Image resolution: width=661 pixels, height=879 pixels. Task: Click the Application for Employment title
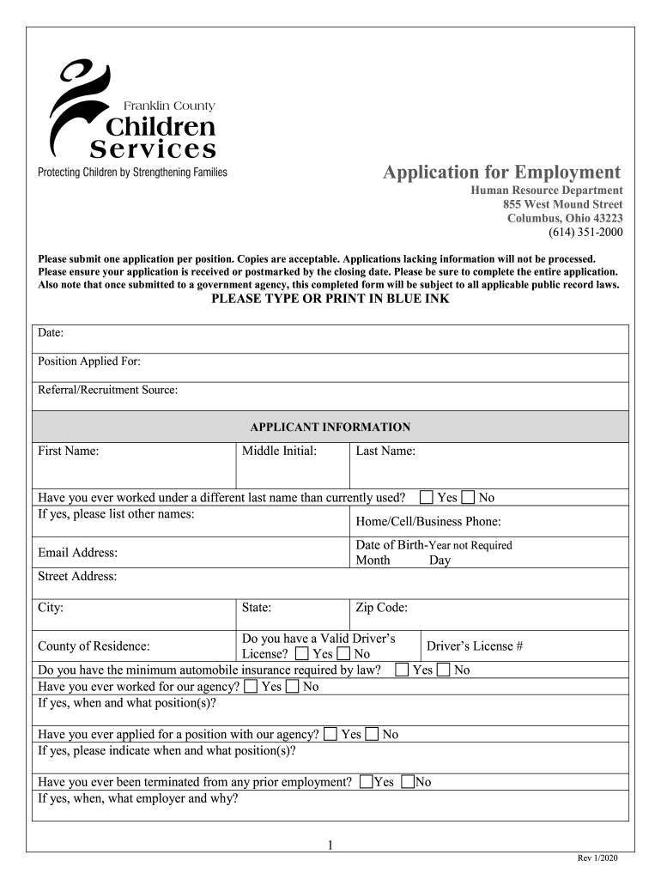pos(501,172)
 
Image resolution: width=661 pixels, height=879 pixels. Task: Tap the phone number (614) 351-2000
pos(585,233)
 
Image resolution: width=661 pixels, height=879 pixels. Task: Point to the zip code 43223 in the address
pos(607,218)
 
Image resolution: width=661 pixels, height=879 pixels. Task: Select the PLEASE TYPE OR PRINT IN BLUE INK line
pos(330,300)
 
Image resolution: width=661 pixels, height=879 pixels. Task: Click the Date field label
pos(51,333)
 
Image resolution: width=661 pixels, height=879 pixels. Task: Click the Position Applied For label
pos(89,361)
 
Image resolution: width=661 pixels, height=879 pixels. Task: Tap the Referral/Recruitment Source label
pos(108,390)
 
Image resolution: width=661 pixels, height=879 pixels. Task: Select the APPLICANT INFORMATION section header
pos(330,427)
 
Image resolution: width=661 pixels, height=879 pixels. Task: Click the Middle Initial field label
pos(280,451)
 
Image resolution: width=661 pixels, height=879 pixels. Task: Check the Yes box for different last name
pos(427,497)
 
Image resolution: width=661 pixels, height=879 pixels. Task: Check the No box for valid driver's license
pos(344,654)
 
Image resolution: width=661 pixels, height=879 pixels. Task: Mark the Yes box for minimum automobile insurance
pos(402,670)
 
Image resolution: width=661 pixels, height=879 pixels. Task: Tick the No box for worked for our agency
pos(292,686)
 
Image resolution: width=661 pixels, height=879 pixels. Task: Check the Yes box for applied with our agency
pos(330,734)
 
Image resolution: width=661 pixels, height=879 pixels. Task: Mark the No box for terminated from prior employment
pos(408,782)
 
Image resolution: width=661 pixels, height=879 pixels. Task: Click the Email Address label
pos(78,553)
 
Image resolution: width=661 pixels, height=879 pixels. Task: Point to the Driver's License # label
pos(475,646)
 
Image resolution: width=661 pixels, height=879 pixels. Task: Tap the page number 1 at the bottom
pos(330,846)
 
